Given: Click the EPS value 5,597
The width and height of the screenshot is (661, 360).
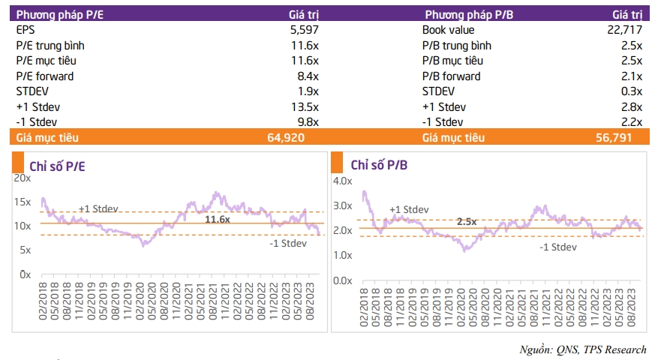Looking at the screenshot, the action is (x=305, y=30).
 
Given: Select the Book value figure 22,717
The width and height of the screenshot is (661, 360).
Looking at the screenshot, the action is (x=624, y=30).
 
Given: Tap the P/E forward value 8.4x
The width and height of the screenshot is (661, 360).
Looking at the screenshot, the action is (x=308, y=76).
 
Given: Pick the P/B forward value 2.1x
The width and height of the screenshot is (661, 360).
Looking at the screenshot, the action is (x=632, y=76).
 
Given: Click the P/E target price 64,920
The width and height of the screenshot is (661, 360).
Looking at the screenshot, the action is (x=286, y=138).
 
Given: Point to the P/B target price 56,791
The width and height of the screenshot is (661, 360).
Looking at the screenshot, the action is (x=614, y=138).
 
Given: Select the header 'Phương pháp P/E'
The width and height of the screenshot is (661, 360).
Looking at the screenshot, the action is (x=60, y=15).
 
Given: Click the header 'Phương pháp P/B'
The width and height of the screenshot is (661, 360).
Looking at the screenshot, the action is (x=469, y=15).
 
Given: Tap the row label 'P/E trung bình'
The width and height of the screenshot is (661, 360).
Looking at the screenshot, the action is (x=50, y=46).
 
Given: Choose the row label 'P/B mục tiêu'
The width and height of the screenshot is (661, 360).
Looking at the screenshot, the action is (x=452, y=61).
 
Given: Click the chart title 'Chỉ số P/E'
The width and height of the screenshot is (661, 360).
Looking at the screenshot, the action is (x=57, y=166).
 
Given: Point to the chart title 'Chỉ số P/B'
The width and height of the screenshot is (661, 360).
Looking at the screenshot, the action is (x=379, y=165).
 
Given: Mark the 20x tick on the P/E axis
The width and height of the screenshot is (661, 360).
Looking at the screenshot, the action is (x=23, y=178).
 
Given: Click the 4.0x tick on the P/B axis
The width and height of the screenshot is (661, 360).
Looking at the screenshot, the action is (x=343, y=181).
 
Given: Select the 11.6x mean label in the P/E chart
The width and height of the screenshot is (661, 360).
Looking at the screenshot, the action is (x=218, y=219).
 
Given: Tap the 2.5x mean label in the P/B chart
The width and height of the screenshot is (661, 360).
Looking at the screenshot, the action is (x=467, y=221).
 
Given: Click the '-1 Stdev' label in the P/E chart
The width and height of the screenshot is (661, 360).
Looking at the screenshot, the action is (x=288, y=243).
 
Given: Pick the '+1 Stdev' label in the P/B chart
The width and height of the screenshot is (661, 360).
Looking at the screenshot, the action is (x=409, y=209).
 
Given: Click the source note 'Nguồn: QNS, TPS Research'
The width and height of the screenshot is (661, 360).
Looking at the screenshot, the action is (x=582, y=349).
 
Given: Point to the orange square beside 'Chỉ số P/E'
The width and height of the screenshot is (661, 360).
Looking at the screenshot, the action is (x=18, y=162).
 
